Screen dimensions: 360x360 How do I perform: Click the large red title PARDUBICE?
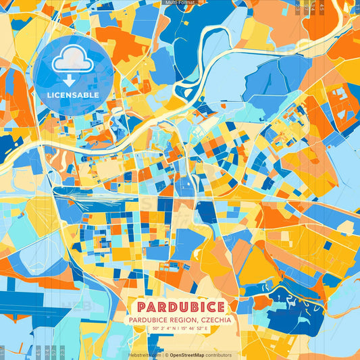click(x=180, y=307)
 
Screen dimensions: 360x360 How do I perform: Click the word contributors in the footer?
click(x=219, y=355)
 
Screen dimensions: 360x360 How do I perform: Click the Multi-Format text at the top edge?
click(x=180, y=3)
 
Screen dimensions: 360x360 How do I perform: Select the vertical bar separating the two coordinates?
click(x=180, y=329)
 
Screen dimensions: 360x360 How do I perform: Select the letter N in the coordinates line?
click(x=175, y=329)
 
